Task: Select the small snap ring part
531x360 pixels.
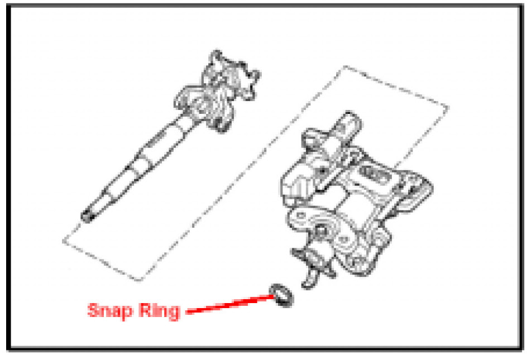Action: pos(281,295)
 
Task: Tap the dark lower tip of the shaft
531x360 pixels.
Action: pos(87,216)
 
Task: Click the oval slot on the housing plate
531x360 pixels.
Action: pos(374,174)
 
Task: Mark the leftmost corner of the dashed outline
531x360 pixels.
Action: pos(63,241)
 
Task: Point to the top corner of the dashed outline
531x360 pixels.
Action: pos(346,66)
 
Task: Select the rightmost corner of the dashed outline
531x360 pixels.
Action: pos(448,108)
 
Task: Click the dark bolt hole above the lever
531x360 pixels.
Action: pos(321,231)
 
